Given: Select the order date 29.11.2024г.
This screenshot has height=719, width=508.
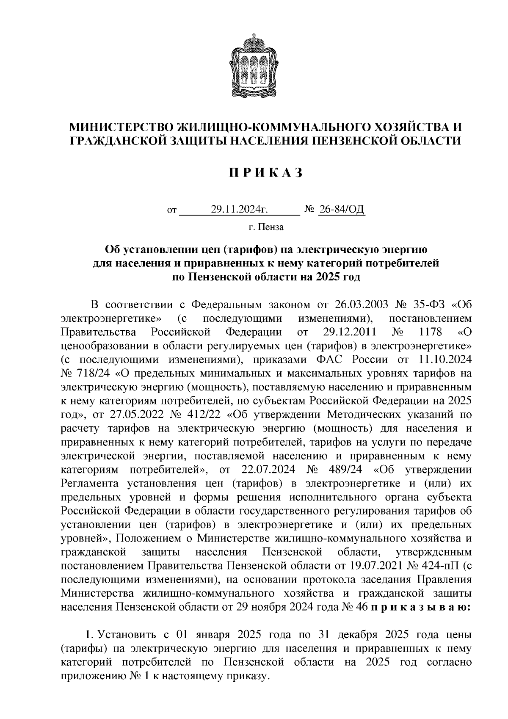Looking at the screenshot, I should point(240,209).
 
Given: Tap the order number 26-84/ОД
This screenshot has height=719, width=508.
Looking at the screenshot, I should point(341,209).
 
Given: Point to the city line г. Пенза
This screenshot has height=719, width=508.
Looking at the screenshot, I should point(266,227).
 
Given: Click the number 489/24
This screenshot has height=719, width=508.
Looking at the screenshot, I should point(337,469).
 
